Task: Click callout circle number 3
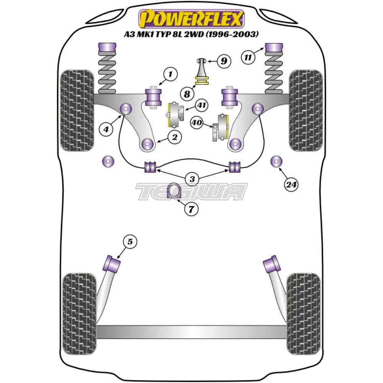[191, 178]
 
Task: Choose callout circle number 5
[130, 242]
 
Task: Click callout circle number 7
[191, 209]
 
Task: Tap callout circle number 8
[187, 93]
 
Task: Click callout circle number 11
[248, 58]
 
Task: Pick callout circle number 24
[291, 185]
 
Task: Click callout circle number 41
[201, 105]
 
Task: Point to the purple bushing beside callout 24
[275, 162]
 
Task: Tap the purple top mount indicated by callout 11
[274, 48]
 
